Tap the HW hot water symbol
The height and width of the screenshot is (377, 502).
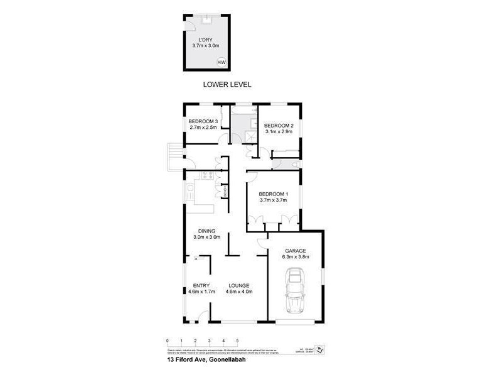[221, 62]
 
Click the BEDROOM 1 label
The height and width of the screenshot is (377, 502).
[273, 194]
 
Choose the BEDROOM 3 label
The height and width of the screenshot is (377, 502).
[203, 121]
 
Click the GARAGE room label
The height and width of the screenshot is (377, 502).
[294, 250]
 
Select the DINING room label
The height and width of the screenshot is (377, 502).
[206, 231]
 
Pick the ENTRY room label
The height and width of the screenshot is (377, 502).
[201, 285]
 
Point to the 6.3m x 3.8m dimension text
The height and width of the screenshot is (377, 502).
[294, 256]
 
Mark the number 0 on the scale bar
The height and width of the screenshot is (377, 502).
[168, 341]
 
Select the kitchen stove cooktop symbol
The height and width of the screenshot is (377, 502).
[191, 187]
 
